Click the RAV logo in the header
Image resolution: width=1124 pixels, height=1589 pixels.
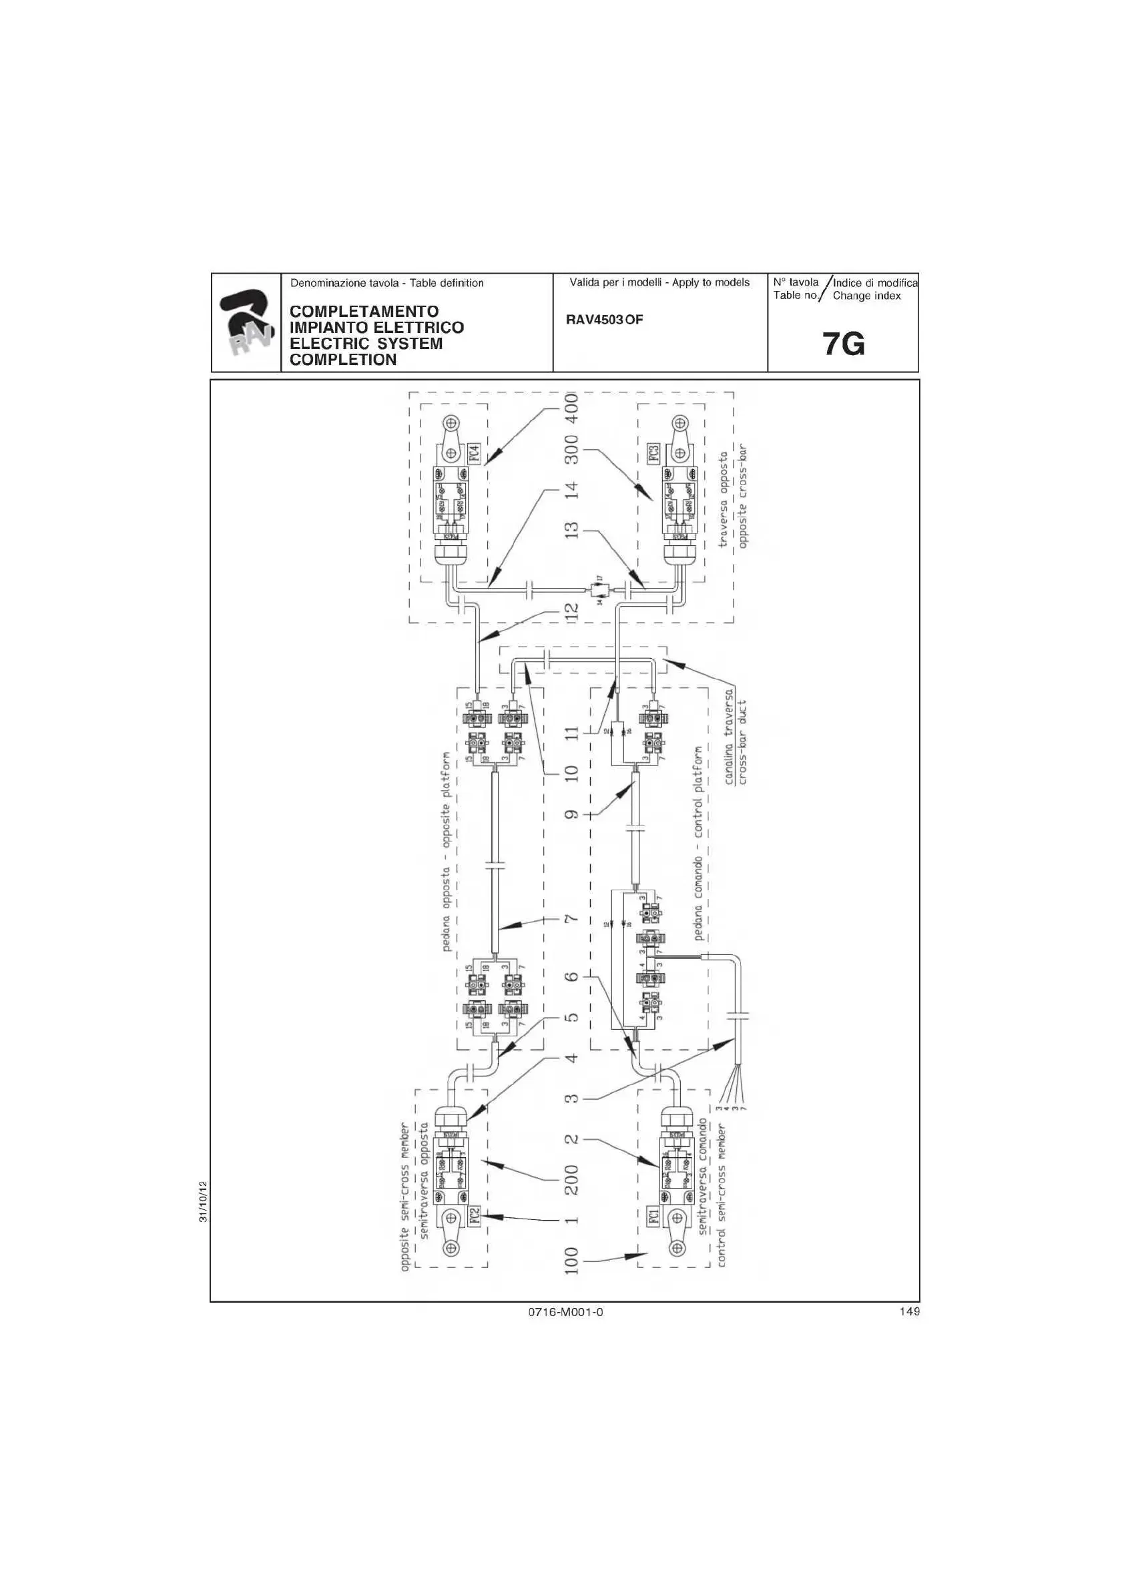(x=246, y=322)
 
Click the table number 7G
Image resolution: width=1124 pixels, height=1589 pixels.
(x=844, y=344)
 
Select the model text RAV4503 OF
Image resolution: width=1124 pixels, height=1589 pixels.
(x=604, y=320)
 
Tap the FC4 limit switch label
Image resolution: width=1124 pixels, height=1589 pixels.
(x=475, y=453)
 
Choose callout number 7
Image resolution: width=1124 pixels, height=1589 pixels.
(x=572, y=920)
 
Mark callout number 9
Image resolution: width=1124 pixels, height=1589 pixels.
(x=572, y=814)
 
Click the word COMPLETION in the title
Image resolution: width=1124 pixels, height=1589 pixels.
(x=342, y=360)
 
